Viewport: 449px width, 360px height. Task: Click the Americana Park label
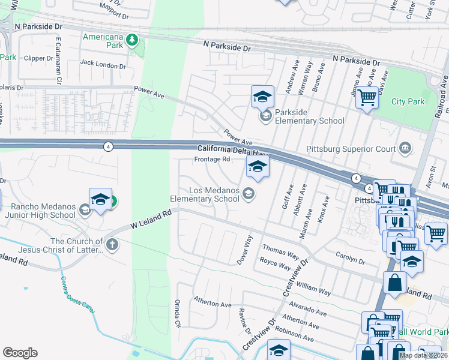[103, 37]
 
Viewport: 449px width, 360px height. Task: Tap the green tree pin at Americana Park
[132, 40]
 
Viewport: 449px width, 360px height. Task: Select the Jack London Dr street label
[103, 62]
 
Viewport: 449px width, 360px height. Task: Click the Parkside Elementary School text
[310, 116]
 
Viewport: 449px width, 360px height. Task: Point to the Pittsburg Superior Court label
[351, 148]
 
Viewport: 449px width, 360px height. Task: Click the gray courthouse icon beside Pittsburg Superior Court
[405, 148]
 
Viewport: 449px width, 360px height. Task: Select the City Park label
[408, 101]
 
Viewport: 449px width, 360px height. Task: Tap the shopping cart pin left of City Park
[367, 97]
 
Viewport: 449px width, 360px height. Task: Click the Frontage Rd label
[212, 159]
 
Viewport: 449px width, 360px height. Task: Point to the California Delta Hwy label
[231, 149]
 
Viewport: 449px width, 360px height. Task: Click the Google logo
[19, 353]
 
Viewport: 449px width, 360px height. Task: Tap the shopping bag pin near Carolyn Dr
[394, 283]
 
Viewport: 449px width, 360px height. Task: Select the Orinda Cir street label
[177, 313]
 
